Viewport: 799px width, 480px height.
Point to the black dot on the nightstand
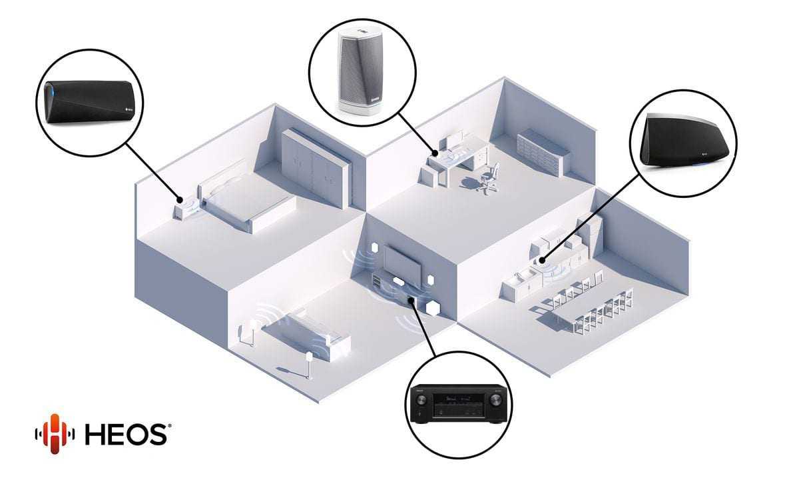[x=180, y=199]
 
